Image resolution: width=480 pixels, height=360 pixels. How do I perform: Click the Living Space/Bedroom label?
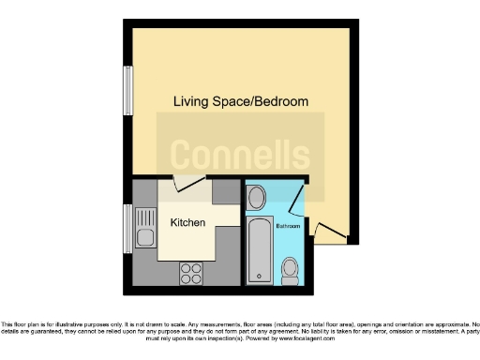click(x=240, y=101)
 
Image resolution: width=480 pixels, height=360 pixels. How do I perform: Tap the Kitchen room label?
click(x=187, y=224)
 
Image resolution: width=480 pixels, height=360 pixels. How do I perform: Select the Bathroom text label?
click(x=288, y=227)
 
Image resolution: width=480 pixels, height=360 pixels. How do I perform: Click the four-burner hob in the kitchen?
click(x=191, y=274)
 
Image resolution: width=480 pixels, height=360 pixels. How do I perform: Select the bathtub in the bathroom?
click(x=260, y=253)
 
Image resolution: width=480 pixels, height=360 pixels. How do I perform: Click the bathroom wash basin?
click(x=256, y=197)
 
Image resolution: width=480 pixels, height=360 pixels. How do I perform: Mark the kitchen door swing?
click(x=187, y=186)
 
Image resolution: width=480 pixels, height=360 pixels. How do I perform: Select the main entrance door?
click(x=328, y=229)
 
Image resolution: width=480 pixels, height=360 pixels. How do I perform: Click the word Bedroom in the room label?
click(x=280, y=101)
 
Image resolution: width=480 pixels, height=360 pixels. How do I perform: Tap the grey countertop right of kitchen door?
click(x=226, y=191)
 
